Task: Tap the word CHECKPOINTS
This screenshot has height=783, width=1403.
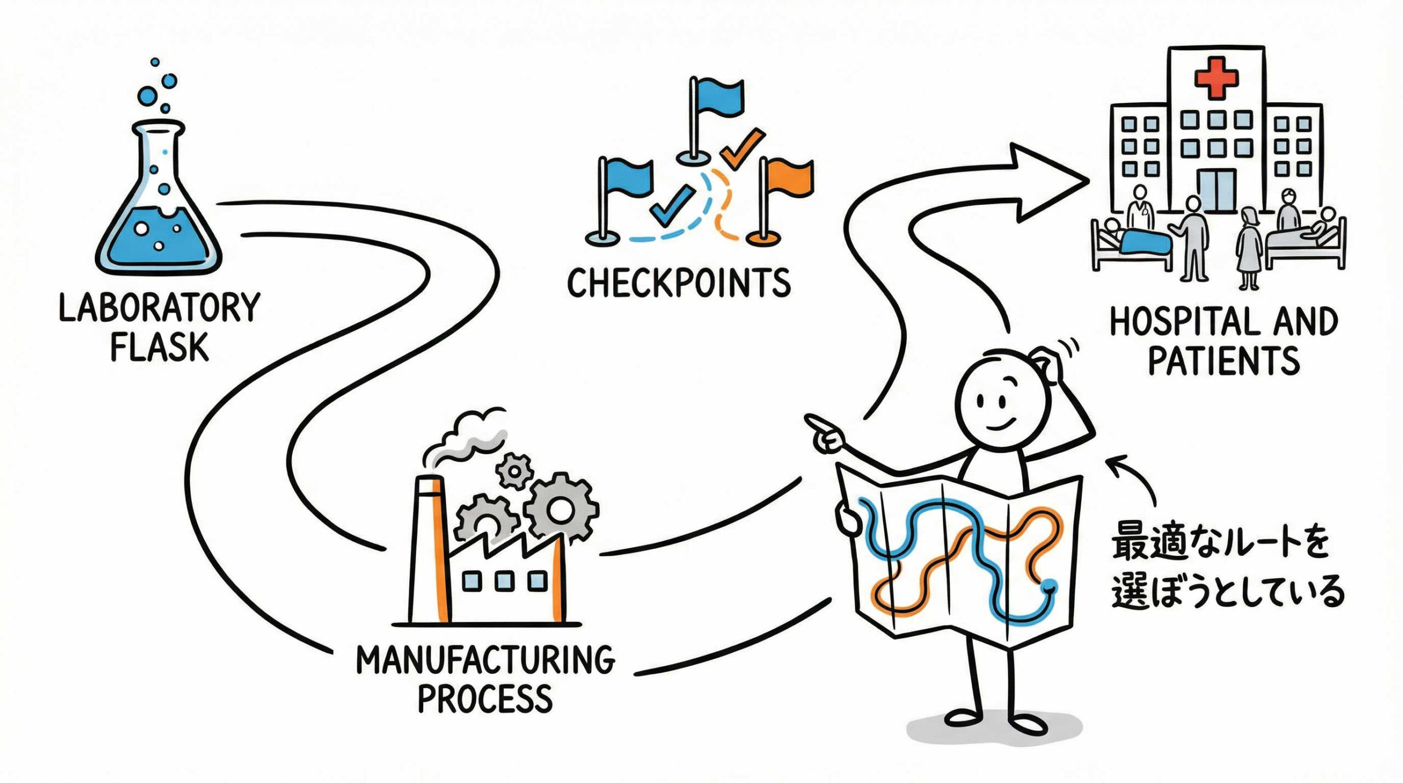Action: [x=678, y=283]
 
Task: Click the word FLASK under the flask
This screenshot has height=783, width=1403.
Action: [x=159, y=347]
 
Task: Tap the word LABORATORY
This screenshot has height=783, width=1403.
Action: [x=159, y=308]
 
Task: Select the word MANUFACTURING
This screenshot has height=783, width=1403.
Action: [x=486, y=660]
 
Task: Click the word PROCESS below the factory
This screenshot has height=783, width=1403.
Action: [x=485, y=698]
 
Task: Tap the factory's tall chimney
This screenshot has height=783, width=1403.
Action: [x=430, y=548]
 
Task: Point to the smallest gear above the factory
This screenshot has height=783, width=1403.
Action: [x=514, y=470]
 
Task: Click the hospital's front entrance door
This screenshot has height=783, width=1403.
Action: [x=1217, y=190]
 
